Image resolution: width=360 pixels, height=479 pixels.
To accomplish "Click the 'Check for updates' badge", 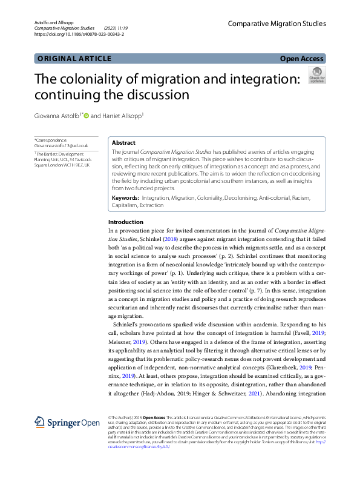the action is pos(316,75).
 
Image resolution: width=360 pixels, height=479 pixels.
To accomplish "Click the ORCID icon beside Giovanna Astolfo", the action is pos(86,116).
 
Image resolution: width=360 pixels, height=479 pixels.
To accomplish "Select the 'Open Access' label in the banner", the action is pos(302,59).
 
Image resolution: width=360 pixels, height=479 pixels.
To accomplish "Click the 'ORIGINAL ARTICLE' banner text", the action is pos(74,59).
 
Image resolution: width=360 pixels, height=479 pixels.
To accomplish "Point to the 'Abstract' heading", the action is pos(123,143).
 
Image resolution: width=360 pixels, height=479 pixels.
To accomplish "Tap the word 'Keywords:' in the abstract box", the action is pos(126,197).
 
